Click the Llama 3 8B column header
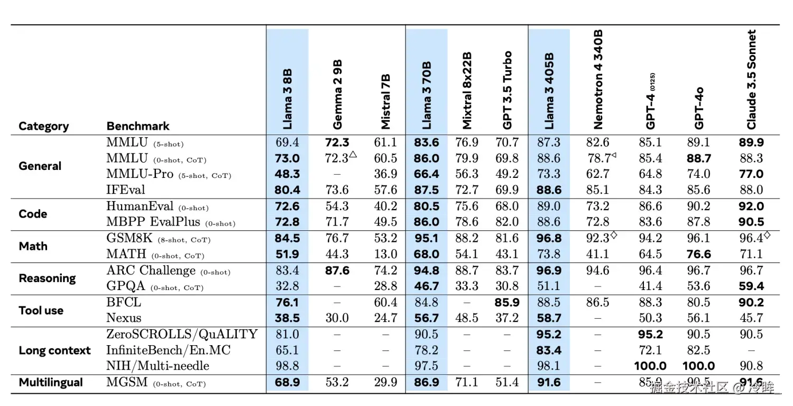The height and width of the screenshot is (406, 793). pos(288,98)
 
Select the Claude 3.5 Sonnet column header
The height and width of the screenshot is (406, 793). pos(751,79)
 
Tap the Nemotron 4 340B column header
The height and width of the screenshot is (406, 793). pos(598,79)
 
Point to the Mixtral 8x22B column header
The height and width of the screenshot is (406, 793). pos(467,90)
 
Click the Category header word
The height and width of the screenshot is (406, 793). pos(43,126)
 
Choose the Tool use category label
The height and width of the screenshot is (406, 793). pos(41,310)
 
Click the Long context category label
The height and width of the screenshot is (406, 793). pos(54,350)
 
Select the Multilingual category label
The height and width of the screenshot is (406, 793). pos(51,382)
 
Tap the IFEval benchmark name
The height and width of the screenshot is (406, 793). pos(125,190)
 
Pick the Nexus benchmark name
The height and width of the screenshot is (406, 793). pos(124,318)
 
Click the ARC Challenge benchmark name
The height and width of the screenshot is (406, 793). pos(151,270)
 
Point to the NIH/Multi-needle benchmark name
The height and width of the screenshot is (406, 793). pos(158,366)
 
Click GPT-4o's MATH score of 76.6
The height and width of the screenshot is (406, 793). pos(699,255)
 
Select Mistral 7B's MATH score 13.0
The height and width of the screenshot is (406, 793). pos(385,255)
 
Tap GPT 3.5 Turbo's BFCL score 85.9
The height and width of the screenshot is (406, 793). pos(508,302)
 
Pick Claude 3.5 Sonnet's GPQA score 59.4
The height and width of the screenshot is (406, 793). pos(751,286)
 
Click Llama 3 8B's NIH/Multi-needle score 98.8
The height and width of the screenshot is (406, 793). pos(287,366)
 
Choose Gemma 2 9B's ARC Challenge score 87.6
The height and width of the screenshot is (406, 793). pos(337,270)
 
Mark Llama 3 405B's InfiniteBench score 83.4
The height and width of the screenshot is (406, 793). pos(549,350)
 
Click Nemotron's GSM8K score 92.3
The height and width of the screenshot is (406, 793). pos(597,239)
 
